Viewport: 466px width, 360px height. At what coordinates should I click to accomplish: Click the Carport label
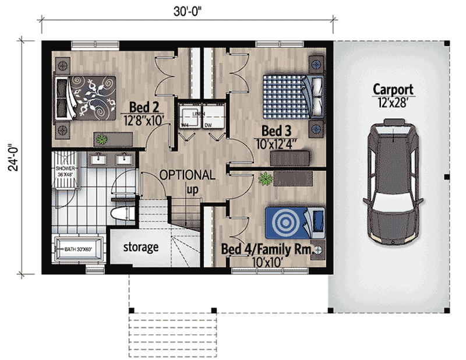tap(393, 90)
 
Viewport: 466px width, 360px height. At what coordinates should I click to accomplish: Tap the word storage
tap(140, 247)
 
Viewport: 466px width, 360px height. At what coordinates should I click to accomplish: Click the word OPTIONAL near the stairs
tap(187, 174)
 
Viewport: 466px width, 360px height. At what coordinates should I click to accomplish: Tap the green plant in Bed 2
tap(103, 139)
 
